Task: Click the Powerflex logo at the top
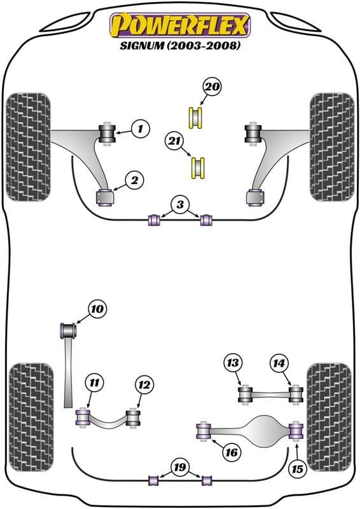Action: point(180,25)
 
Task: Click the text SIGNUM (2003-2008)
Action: point(180,46)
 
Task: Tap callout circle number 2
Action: point(134,181)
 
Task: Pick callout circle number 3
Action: point(180,205)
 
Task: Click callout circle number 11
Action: point(94,383)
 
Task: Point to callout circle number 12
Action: point(144,384)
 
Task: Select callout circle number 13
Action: point(233,363)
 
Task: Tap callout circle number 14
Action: point(277,363)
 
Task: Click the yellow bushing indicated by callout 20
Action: point(196,118)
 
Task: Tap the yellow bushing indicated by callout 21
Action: point(199,167)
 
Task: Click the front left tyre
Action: point(27,146)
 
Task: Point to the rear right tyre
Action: point(329,415)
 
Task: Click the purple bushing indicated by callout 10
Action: point(67,331)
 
